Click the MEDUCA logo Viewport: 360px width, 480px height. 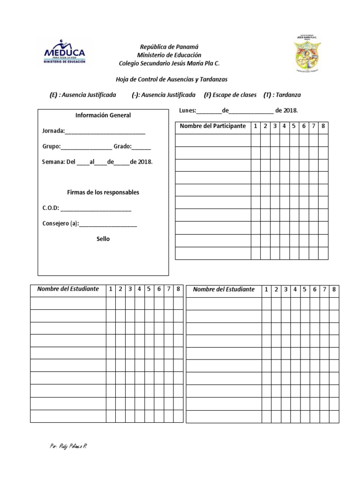64,51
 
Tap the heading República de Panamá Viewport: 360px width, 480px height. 169,47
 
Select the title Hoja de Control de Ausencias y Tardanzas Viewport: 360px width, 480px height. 171,80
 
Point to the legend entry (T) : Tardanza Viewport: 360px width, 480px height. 282,95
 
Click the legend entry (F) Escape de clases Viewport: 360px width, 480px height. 230,95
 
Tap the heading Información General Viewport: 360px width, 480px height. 103,115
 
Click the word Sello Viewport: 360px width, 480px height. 103,239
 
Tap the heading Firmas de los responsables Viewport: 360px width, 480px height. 103,193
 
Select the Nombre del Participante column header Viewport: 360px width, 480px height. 213,127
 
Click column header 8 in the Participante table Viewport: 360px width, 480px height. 323,127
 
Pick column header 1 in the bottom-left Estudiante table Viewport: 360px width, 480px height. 110,289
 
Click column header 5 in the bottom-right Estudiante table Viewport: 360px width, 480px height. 305,290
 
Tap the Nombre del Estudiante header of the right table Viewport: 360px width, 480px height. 224,290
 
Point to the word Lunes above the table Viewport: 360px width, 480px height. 187,111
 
